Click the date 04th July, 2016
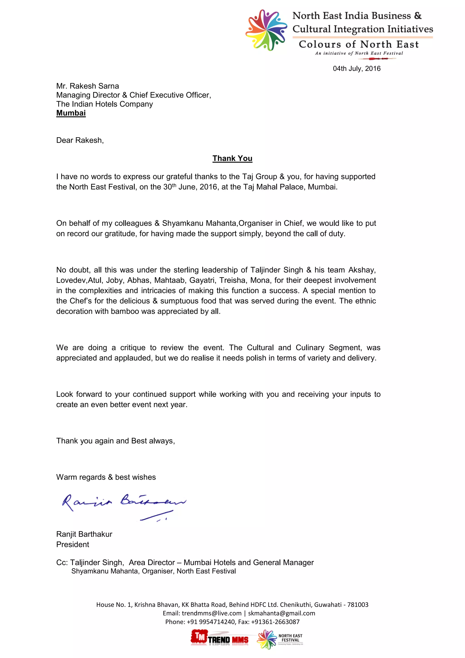356,68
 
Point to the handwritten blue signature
123,506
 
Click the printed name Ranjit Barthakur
84,534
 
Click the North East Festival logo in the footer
280,639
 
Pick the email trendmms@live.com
211,613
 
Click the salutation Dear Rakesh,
80,140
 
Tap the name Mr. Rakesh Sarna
87,86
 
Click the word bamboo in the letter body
125,311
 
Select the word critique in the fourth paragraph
133,348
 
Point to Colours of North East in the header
359,45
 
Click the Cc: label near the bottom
62,562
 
